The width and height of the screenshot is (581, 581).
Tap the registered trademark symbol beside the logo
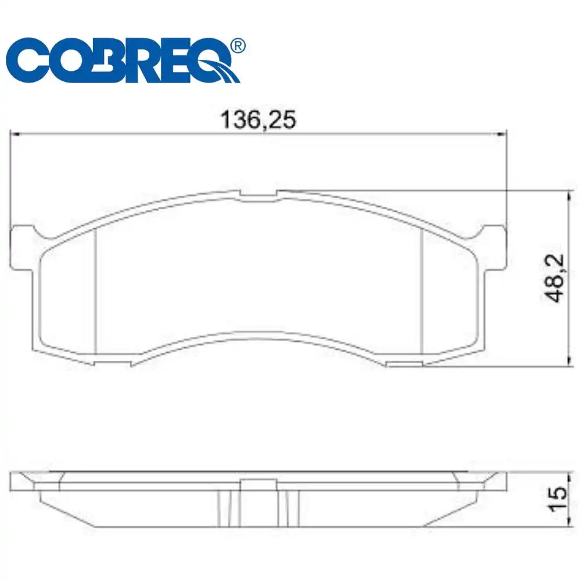coord(237,45)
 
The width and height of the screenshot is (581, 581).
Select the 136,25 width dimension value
coord(258,120)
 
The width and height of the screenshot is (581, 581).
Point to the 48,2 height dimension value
coord(557,278)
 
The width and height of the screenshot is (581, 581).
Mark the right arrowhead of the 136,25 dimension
coord(503,134)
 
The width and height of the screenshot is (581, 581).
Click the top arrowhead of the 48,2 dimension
coord(566,194)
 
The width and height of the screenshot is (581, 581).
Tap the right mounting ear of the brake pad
coord(493,247)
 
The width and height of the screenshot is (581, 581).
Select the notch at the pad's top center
coord(258,196)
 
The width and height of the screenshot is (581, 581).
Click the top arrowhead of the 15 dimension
coord(566,474)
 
